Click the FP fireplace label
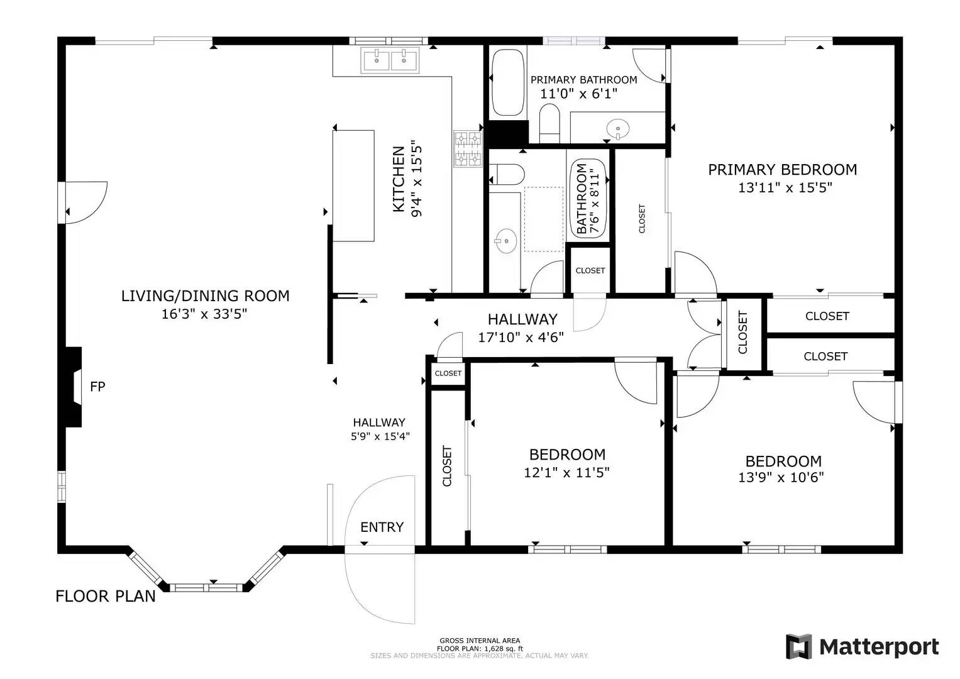coord(97,387)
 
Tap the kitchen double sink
coord(390,60)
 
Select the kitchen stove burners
coord(468,149)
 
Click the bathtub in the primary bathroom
coord(508,82)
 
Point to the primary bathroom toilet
coord(549,123)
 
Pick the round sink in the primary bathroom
coord(617,129)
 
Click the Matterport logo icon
coord(799,646)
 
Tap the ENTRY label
coord(382,527)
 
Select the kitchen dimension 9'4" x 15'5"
coord(417,179)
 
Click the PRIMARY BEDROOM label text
coord(783,170)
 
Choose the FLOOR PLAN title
coord(106,596)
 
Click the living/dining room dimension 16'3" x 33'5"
coord(204,314)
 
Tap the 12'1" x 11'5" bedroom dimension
coord(566,472)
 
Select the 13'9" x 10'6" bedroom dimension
coord(781,477)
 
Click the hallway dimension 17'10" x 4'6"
coord(521,338)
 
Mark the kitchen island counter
coord(353,186)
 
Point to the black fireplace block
coord(72,387)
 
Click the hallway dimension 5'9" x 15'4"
coord(380,436)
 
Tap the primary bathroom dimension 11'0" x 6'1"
coord(578,94)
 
